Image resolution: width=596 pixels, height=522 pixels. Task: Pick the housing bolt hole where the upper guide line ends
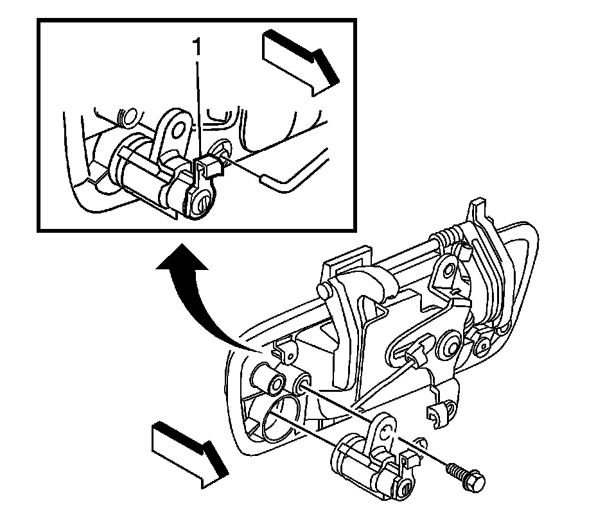tap(301, 385)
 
